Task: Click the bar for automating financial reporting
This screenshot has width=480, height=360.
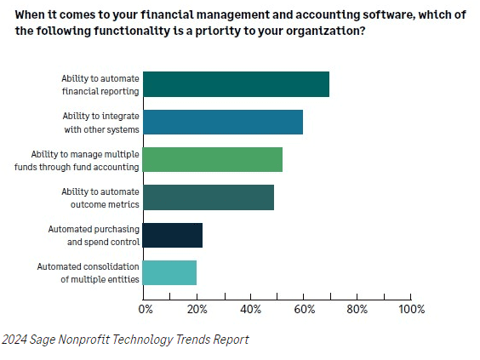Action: [x=236, y=84]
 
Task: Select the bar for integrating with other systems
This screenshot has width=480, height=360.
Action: [x=222, y=122]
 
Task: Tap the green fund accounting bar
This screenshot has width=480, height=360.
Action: [x=212, y=159]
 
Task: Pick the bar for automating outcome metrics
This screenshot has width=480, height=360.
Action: [x=208, y=197]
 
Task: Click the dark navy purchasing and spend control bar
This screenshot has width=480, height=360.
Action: [x=172, y=235]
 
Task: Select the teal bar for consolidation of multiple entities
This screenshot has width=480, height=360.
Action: [x=169, y=272]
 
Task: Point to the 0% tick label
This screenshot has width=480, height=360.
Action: [x=146, y=308]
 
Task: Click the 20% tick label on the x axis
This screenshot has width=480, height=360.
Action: [x=197, y=308]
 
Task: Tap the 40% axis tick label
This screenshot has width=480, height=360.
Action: [x=250, y=308]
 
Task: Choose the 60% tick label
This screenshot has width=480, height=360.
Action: [x=304, y=308]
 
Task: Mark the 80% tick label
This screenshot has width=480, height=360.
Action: [x=357, y=308]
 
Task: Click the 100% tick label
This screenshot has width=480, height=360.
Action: [x=412, y=308]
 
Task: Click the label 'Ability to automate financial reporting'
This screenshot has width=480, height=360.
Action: [x=100, y=84]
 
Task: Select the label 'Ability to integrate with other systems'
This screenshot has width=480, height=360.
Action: [x=101, y=122]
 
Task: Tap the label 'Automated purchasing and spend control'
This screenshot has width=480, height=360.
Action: [x=94, y=235]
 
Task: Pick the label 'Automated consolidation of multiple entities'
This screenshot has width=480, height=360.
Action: [x=88, y=272]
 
